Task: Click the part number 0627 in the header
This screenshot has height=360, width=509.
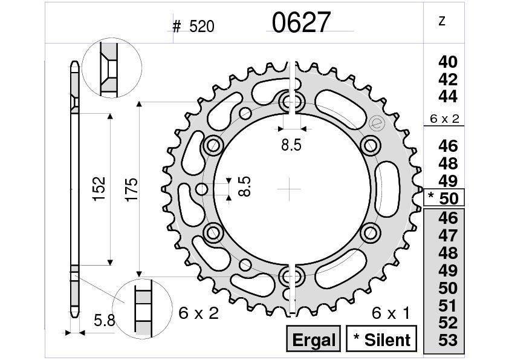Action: (301, 23)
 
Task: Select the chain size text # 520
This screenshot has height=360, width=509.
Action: (193, 27)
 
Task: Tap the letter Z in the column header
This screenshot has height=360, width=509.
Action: (441, 21)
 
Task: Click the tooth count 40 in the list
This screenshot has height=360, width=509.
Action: (448, 62)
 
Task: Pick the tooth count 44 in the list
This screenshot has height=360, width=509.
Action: (448, 97)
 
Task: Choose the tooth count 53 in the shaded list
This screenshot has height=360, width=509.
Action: (448, 341)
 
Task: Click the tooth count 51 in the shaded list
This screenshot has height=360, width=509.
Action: (448, 306)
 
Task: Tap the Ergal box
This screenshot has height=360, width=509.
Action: (314, 339)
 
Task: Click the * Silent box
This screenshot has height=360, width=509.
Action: (381, 339)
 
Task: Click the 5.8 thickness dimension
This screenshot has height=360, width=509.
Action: (105, 321)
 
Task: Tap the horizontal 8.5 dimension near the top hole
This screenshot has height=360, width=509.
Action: (291, 145)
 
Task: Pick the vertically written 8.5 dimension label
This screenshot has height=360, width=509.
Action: (245, 187)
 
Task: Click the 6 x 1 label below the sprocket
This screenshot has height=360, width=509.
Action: (391, 313)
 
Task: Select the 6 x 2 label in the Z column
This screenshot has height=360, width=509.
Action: (444, 119)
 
